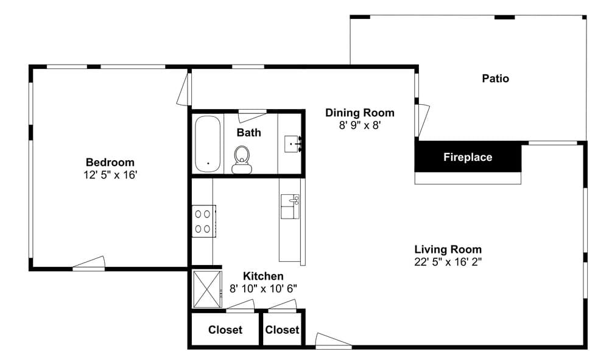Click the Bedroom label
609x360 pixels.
(110, 162)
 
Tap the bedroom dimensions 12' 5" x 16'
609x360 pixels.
(110, 175)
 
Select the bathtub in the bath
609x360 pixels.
(208, 144)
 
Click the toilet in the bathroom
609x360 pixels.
(242, 160)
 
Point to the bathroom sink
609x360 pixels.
(293, 144)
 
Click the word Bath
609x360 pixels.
(248, 132)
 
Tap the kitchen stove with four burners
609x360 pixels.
(203, 221)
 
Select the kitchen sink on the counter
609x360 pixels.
(290, 206)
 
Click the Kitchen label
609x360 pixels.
(263, 276)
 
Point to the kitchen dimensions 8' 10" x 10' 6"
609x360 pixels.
(263, 289)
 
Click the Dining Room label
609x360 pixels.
(360, 113)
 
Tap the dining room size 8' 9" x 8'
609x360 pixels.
(360, 125)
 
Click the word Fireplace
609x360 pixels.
(468, 157)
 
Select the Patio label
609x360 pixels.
(495, 79)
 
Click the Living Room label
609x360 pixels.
(448, 249)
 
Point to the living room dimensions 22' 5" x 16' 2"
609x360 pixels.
(448, 262)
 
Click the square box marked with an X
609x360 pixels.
(208, 289)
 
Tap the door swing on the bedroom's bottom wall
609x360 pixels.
(90, 263)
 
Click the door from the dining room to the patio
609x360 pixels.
(422, 119)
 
